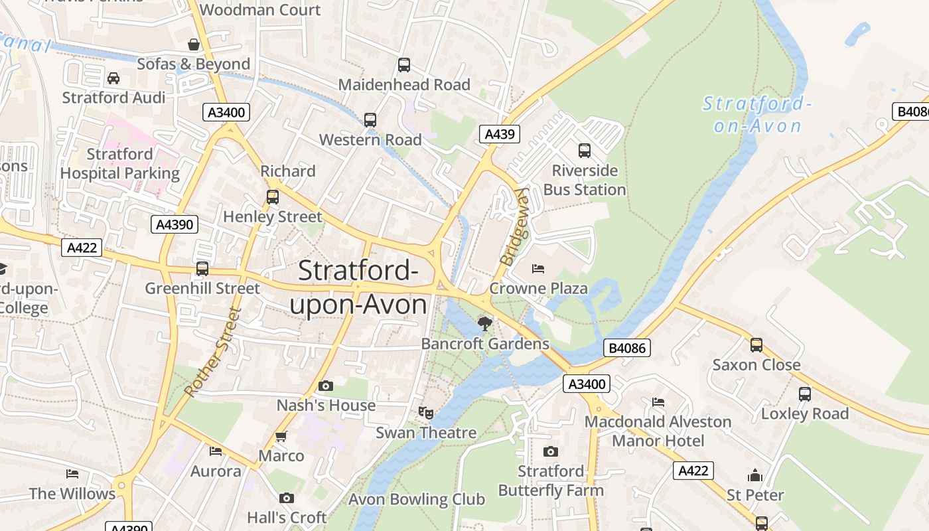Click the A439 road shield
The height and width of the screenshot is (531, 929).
pyautogui.click(x=499, y=134)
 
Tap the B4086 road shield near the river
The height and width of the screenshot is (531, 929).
pyautogui.click(x=626, y=348)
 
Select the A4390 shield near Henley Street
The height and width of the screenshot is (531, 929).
pyautogui.click(x=175, y=224)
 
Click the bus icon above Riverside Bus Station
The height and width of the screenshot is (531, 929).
pyautogui.click(x=584, y=151)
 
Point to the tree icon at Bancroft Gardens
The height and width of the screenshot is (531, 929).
pyautogui.click(x=485, y=323)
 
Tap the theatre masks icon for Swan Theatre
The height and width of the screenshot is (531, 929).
pyautogui.click(x=426, y=413)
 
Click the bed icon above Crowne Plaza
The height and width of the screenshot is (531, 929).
pyautogui.click(x=538, y=269)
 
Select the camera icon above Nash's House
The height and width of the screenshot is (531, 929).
pyautogui.click(x=325, y=386)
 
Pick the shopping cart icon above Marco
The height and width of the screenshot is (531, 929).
pyautogui.click(x=281, y=436)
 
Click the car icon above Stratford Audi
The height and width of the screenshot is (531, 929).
pyautogui.click(x=113, y=78)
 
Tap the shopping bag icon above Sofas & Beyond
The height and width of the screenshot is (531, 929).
pyautogui.click(x=194, y=44)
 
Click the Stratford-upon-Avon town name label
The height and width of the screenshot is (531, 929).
pyautogui.click(x=358, y=288)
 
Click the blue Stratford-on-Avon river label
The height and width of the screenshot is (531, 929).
pyautogui.click(x=757, y=114)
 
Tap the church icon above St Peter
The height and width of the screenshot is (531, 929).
pyautogui.click(x=754, y=475)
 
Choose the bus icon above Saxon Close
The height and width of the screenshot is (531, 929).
pyautogui.click(x=756, y=345)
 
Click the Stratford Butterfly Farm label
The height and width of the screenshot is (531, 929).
pyautogui.click(x=551, y=481)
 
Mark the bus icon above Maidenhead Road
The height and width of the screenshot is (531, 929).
pyautogui.click(x=403, y=65)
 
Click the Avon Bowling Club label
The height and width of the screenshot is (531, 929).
pyautogui.click(x=417, y=499)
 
